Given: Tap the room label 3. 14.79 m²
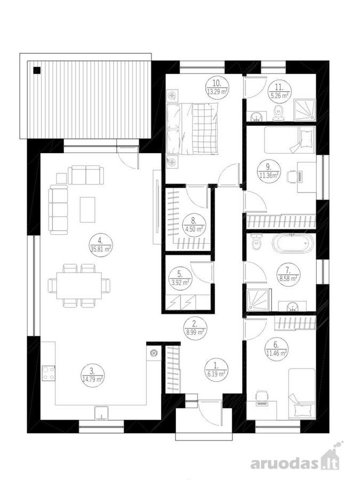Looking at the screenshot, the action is pyautogui.click(x=92, y=375).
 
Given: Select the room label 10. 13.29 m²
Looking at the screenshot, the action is pyautogui.click(x=217, y=88).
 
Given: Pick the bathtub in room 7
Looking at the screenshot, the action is pyautogui.click(x=293, y=243).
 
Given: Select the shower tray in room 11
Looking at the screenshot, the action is pyautogui.click(x=305, y=110).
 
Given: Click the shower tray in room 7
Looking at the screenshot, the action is pyautogui.click(x=259, y=300).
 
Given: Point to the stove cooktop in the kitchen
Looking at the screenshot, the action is pyautogui.click(x=49, y=373).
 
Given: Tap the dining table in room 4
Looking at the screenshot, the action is pyautogui.click(x=79, y=286).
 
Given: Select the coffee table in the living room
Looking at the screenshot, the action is pyautogui.click(x=87, y=210).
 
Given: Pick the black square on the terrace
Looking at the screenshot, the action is pyautogui.click(x=37, y=70).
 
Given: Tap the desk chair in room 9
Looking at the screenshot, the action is pyautogui.click(x=291, y=177).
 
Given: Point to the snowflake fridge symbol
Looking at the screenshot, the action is pyautogui.click(x=153, y=353).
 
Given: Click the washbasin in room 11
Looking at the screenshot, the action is pyautogui.click(x=256, y=117).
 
